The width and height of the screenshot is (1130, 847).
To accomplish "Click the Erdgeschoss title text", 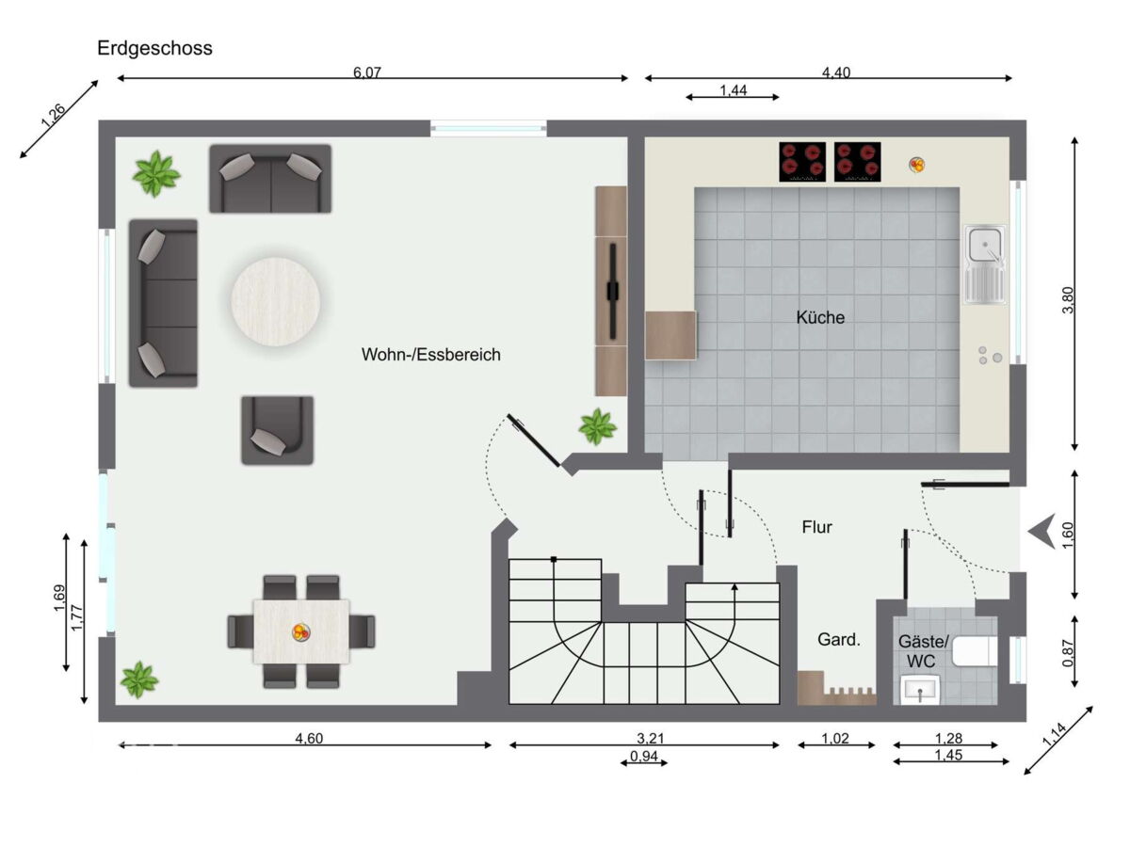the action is click(154, 48).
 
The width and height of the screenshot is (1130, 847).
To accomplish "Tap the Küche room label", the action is click(820, 317).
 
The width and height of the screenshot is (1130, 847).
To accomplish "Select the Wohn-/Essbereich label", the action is click(431, 355).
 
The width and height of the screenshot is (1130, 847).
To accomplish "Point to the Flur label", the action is click(817, 527).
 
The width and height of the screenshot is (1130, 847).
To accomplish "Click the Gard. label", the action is click(839, 640).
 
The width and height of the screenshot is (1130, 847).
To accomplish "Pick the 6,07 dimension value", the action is click(367, 72).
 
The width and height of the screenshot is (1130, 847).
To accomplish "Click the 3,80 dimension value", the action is click(1068, 300).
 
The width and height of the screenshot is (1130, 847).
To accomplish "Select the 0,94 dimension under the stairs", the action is click(644, 757).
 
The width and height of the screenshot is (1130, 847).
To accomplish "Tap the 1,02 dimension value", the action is click(835, 739).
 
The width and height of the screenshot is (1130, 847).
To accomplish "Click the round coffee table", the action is click(275, 301).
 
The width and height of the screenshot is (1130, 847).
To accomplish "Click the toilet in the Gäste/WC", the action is click(975, 651).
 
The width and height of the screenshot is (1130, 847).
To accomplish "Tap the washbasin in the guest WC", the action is click(920, 690).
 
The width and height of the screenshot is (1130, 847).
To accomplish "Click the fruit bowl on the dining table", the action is click(300, 632).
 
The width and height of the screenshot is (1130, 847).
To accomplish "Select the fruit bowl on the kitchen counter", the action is click(916, 165).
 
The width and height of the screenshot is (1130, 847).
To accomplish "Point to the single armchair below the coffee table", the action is click(278, 430).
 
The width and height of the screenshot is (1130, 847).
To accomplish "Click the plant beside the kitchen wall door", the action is click(597, 427).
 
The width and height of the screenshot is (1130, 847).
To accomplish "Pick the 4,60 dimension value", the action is click(309, 739).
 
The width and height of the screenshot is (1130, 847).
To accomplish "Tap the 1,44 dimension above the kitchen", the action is click(733, 90).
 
